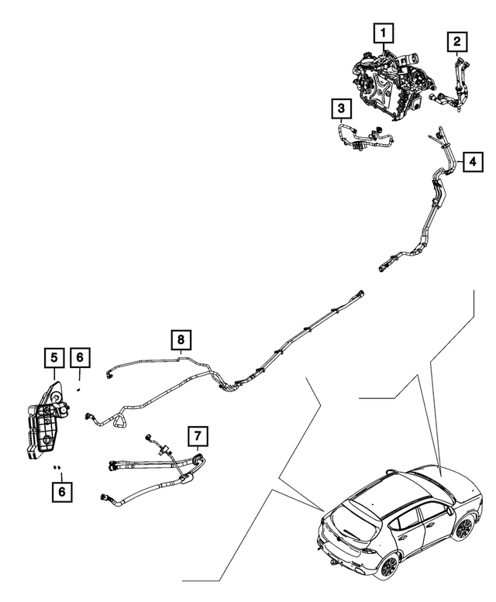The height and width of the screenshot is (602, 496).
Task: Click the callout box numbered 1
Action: coord(384,33)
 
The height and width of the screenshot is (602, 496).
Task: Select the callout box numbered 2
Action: coord(456,42)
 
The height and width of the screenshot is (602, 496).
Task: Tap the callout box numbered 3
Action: coord(341,108)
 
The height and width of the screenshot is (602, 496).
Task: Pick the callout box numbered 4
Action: coord(473,162)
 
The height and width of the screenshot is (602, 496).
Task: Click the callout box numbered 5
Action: coord(54,358)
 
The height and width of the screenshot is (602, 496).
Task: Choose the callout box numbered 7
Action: coord(198,436)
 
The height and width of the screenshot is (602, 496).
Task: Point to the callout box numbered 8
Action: coord(181,339)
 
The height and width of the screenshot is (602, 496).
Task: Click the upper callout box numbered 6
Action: coord(80,358)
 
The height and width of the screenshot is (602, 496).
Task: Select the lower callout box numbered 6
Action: coord(62,492)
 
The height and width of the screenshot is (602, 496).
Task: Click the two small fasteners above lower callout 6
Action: coord(57,467)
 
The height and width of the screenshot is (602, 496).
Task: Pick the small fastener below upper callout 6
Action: coord(78,389)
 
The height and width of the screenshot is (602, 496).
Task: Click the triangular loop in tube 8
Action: coord(120,421)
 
